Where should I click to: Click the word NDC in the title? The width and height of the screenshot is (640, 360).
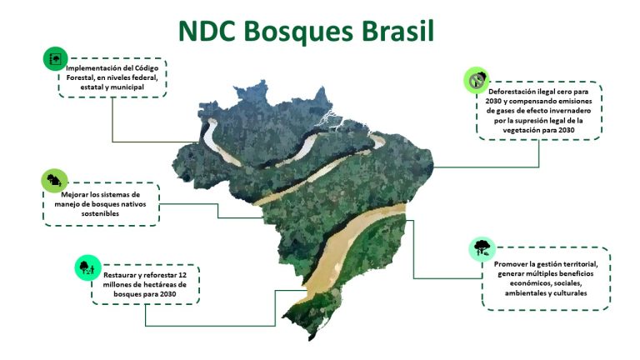[207, 31]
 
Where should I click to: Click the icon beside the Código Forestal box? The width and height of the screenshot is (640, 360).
[55, 59]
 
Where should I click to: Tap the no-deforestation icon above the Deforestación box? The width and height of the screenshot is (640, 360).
[477, 80]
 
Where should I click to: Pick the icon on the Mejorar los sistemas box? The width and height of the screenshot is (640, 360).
[54, 180]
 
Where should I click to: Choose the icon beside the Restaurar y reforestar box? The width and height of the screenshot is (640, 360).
[87, 267]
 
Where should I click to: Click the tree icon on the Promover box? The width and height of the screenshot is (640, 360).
[482, 248]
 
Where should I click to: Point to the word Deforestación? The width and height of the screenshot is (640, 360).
[512, 92]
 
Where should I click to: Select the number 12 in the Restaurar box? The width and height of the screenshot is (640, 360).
[182, 275]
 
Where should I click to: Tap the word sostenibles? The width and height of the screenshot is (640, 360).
[100, 213]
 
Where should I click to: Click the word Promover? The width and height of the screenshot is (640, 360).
[510, 264]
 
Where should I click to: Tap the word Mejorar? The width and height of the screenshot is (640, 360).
[74, 195]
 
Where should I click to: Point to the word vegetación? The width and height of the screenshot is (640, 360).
[520, 130]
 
